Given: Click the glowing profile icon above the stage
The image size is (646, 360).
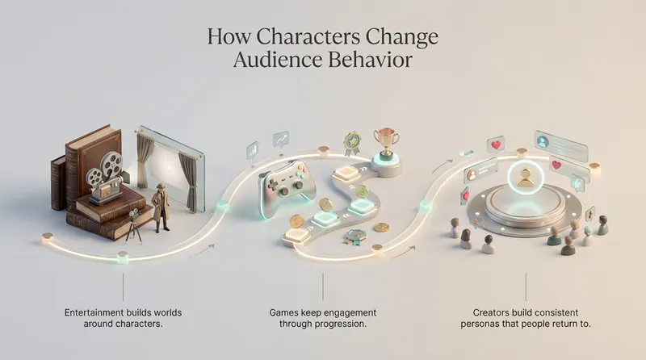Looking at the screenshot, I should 526,178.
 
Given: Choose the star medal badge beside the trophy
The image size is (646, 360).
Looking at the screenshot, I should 351,143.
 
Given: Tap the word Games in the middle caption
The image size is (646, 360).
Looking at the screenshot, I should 286,312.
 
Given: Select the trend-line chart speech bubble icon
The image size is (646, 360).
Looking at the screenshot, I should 281,140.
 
